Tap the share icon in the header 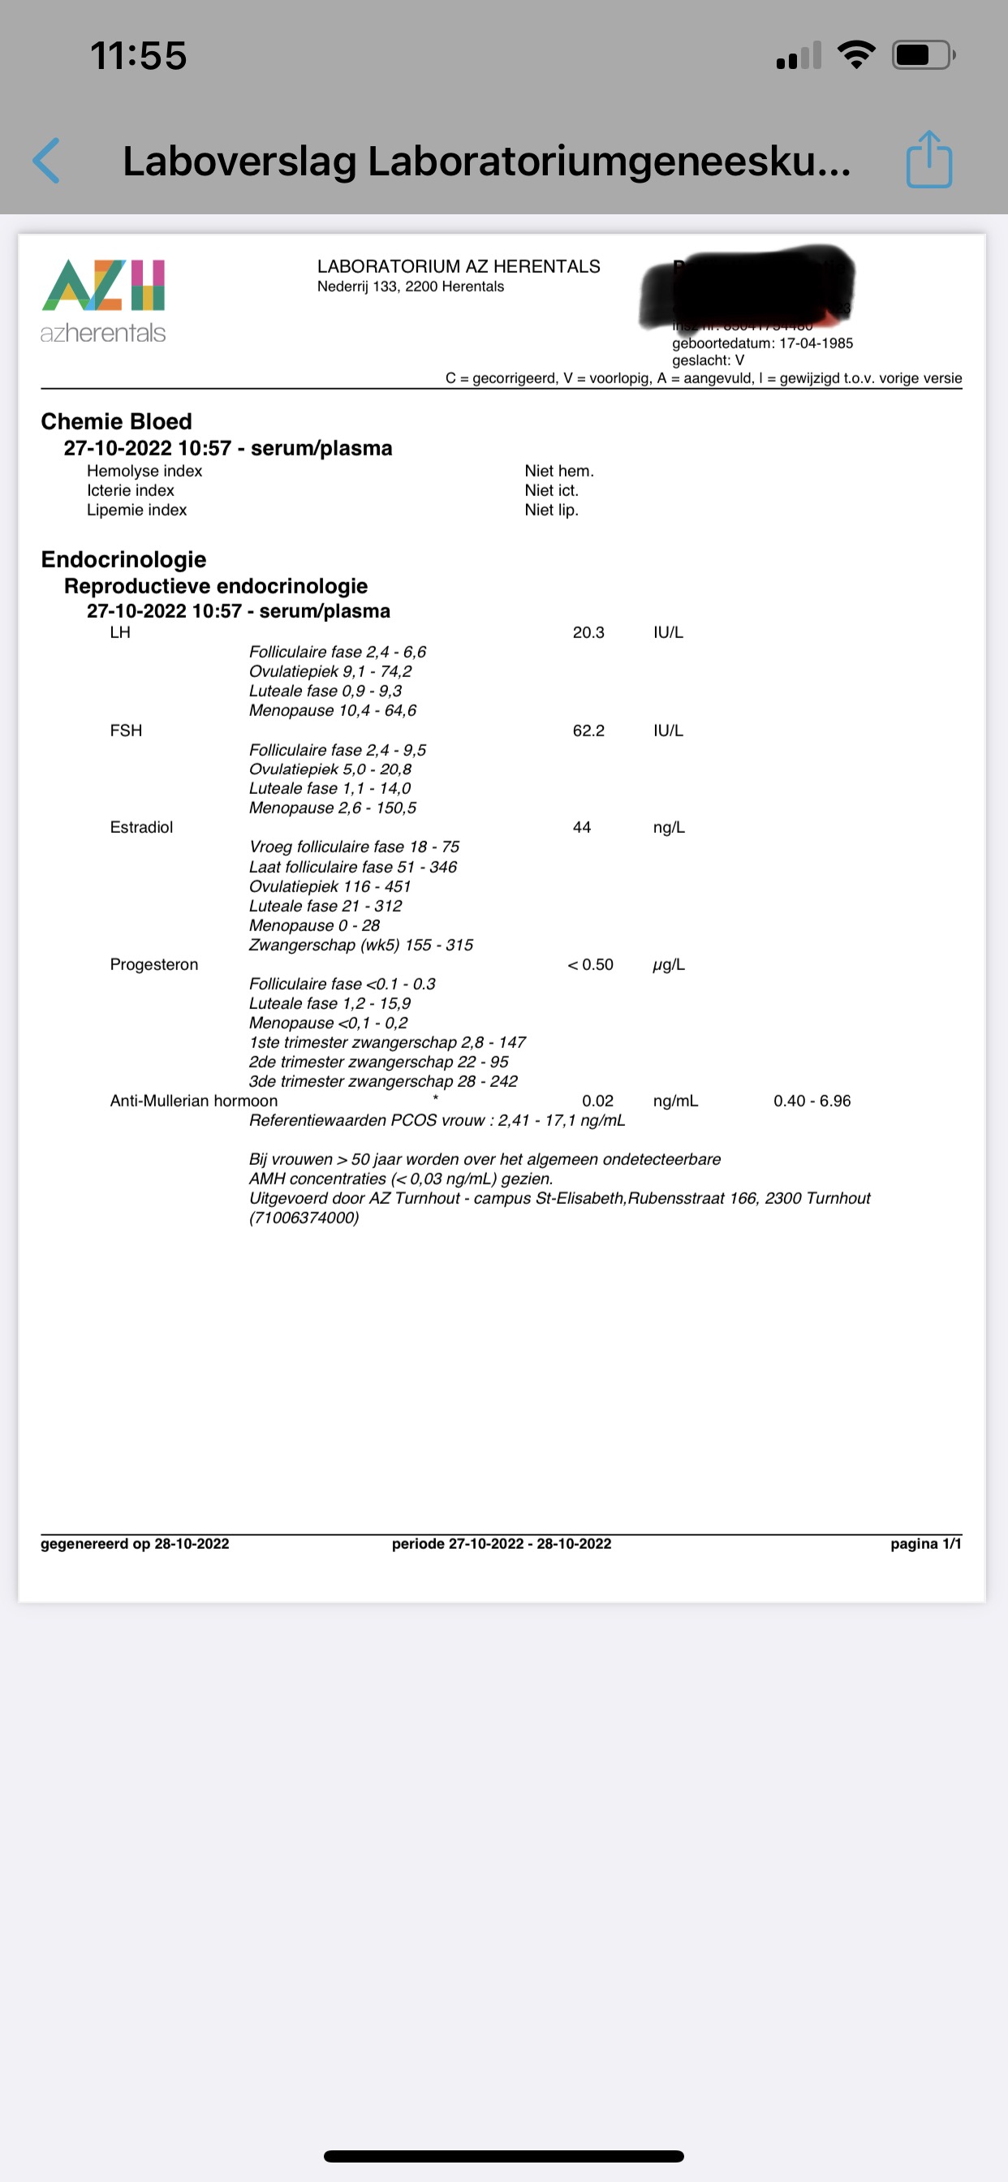coord(928,159)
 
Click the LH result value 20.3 coord(588,632)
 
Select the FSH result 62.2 coord(588,730)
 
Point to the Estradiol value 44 coord(581,826)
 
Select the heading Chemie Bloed coord(116,421)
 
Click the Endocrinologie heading coord(123,559)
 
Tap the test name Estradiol coord(140,826)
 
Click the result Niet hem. coord(558,471)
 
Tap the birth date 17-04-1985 coord(816,343)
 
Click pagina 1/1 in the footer coord(925,1543)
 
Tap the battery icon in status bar coord(923,56)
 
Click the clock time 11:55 coord(138,56)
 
